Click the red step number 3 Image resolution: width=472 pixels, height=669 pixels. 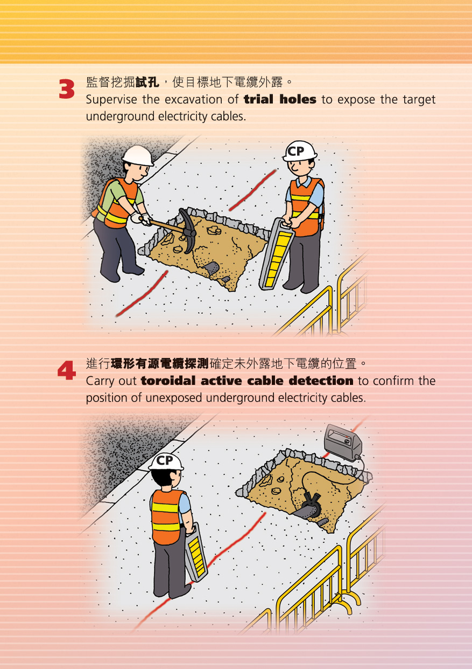pyautogui.click(x=66, y=89)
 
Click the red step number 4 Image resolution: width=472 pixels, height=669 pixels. pyautogui.click(x=66, y=371)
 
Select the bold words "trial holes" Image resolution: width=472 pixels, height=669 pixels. pyautogui.click(x=280, y=100)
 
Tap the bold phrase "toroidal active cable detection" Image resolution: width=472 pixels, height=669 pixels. pyautogui.click(x=247, y=381)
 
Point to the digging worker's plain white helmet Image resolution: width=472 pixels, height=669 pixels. pyautogui.click(x=137, y=155)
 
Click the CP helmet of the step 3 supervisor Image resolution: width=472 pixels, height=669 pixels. pyautogui.click(x=299, y=151)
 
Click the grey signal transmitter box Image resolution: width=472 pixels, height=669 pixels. pyautogui.click(x=342, y=442)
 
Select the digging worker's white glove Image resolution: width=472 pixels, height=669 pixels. pyautogui.click(x=144, y=219)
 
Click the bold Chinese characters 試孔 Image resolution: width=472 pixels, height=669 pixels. pyautogui.click(x=147, y=82)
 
